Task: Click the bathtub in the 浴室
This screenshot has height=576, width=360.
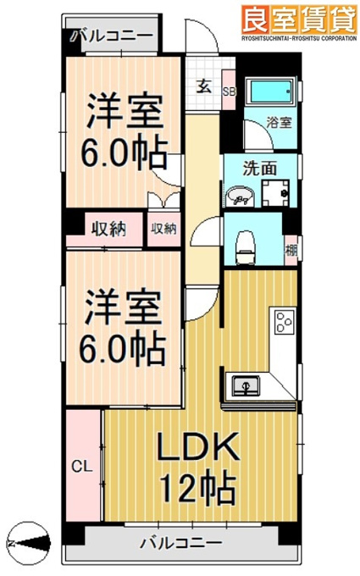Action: (272, 91)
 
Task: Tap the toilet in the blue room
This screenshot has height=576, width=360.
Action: (246, 246)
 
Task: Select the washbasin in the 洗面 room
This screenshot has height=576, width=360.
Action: (241, 197)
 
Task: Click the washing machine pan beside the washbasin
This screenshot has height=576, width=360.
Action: (275, 193)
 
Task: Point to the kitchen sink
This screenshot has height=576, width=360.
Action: (245, 385)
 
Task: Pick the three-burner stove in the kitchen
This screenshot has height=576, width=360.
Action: (285, 322)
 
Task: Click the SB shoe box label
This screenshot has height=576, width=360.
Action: (230, 91)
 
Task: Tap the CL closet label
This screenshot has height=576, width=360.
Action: (81, 467)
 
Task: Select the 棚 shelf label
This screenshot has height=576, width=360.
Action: (291, 251)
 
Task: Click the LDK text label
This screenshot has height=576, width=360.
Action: (198, 446)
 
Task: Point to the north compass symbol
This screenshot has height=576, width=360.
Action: (29, 543)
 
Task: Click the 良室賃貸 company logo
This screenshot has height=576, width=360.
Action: (299, 22)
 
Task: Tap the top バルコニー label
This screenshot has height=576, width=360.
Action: (114, 36)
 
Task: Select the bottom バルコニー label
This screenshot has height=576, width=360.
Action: (182, 542)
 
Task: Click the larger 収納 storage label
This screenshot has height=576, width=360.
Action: (108, 230)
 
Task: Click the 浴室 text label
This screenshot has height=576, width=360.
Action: (280, 122)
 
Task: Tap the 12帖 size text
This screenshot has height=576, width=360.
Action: (198, 487)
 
